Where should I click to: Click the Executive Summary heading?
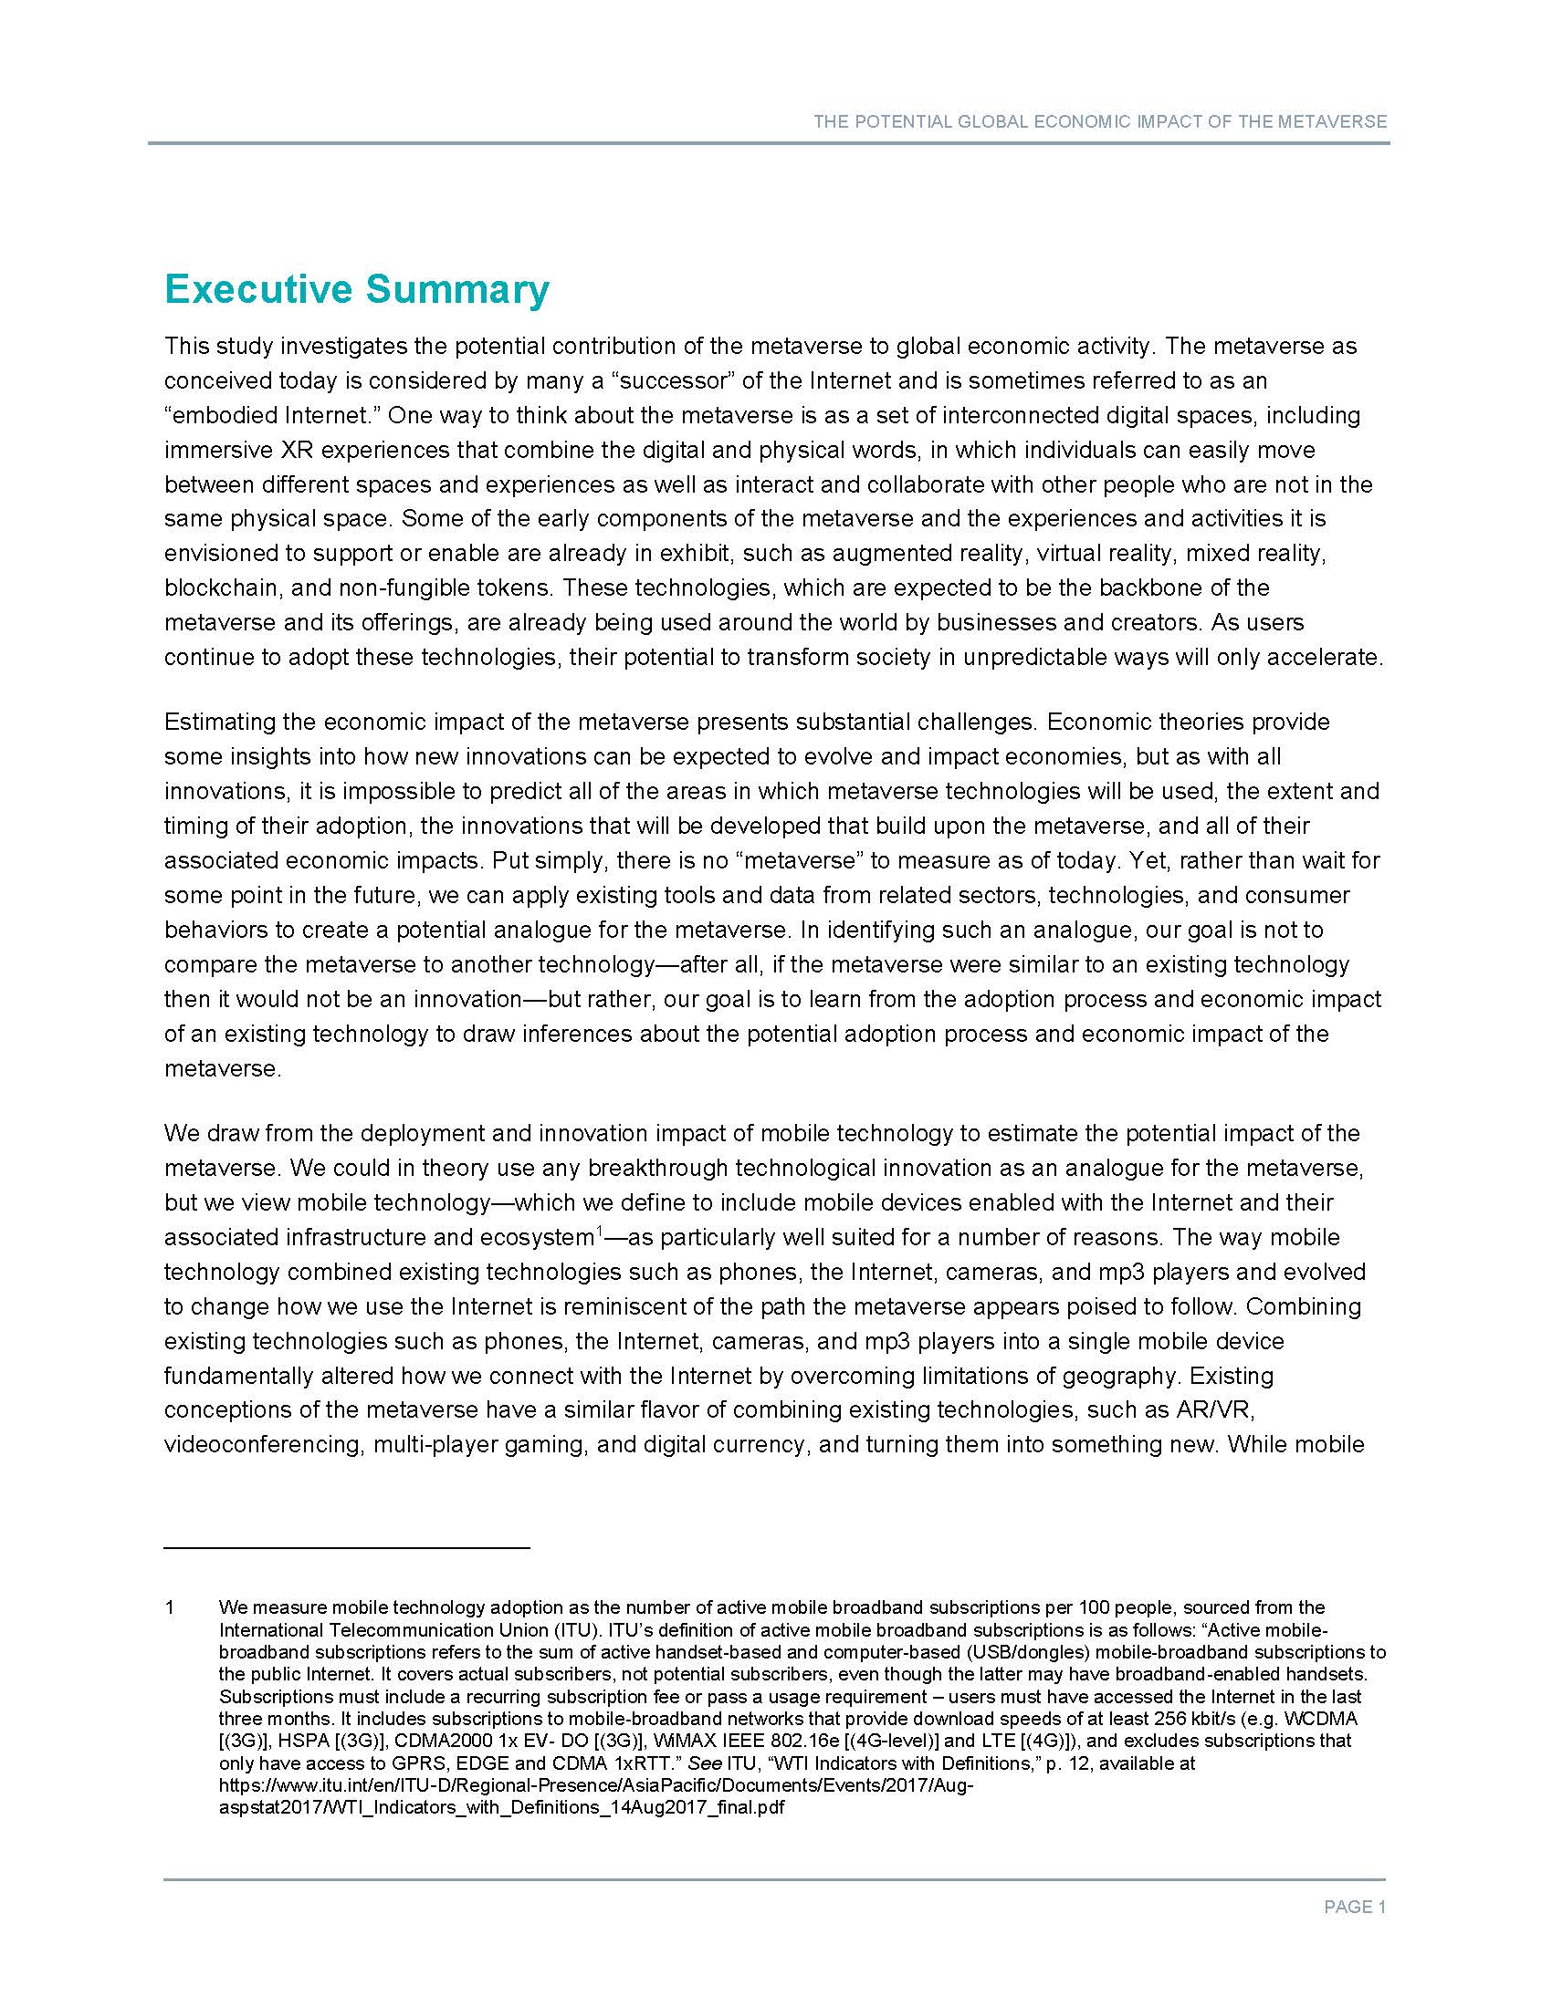[357, 288]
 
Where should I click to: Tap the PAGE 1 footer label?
[1354, 1908]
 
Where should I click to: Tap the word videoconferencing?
[263, 1445]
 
